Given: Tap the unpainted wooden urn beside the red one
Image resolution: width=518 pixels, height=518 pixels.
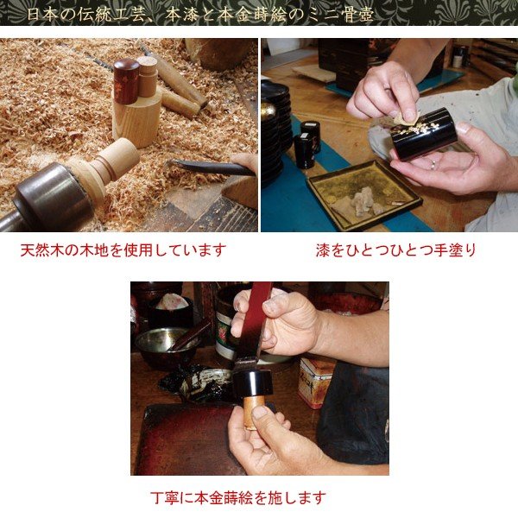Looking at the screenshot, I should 148,78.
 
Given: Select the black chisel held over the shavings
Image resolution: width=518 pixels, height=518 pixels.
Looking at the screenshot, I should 207,167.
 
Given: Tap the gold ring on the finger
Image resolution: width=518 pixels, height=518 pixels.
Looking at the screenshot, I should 433,162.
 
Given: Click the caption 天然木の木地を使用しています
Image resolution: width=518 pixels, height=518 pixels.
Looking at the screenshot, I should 123,250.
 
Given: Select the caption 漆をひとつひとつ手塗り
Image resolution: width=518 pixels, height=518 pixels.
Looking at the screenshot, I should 396,250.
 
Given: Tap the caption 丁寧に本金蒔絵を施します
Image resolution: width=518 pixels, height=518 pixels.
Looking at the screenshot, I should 237,497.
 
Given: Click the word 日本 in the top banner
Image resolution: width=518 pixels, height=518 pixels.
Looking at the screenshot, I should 38,15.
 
